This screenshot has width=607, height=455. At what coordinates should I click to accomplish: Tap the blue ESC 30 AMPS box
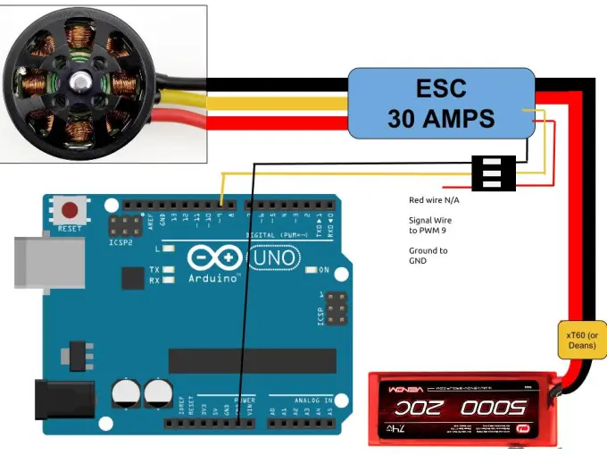pos(441,105)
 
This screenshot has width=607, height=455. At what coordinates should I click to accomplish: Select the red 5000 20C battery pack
pos(464,408)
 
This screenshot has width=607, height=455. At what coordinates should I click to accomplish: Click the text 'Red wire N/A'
pos(434,200)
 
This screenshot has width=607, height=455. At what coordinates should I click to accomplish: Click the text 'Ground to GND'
pos(428,256)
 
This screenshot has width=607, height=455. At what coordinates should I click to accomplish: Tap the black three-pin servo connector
pos(494,173)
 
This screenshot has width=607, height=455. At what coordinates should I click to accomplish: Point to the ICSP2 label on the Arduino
pos(121,242)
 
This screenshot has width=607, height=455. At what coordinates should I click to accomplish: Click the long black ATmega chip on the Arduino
pos(253,360)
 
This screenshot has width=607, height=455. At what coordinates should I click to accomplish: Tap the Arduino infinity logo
pos(214,259)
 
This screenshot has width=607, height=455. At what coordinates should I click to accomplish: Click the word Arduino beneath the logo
pos(214,278)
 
